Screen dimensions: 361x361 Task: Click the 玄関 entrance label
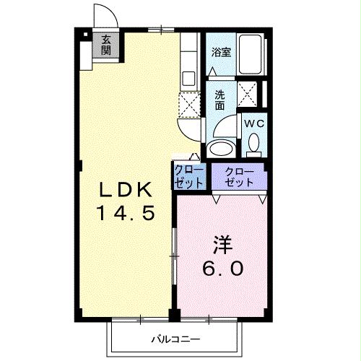click(106, 45)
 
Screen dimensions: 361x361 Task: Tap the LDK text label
click(124, 191)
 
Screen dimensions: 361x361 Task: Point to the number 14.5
click(124, 214)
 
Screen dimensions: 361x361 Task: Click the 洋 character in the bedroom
click(222, 243)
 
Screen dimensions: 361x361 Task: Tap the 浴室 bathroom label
click(220, 52)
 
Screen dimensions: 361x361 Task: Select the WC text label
click(253, 123)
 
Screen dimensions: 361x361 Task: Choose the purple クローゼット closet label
click(239, 177)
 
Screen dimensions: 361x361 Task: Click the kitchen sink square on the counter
click(189, 77)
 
